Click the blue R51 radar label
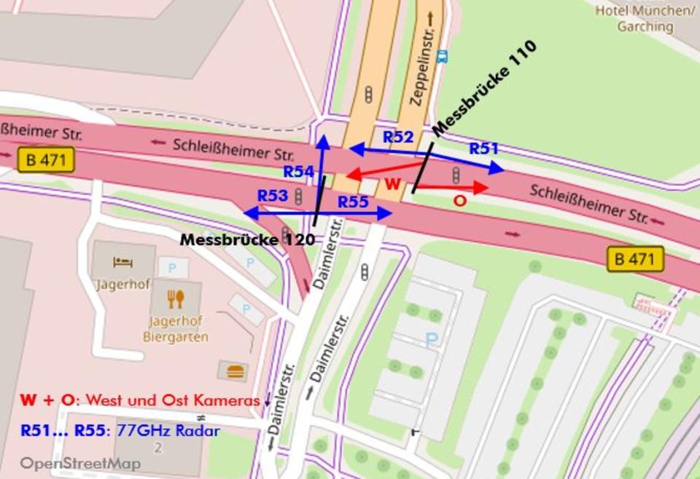[x=483, y=149]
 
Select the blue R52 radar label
[x=398, y=137]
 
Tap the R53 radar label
[x=273, y=196]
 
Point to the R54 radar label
[x=298, y=172]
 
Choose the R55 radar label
[x=354, y=202]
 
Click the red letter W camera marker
[x=393, y=184]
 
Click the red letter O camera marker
[x=459, y=200]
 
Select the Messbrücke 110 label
[x=485, y=88]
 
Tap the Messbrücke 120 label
[x=247, y=239]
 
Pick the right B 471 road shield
[x=635, y=258]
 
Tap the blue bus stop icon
[x=442, y=56]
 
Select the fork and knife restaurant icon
[x=176, y=298]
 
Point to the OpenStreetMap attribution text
[x=80, y=463]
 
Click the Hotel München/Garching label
[x=645, y=18]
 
